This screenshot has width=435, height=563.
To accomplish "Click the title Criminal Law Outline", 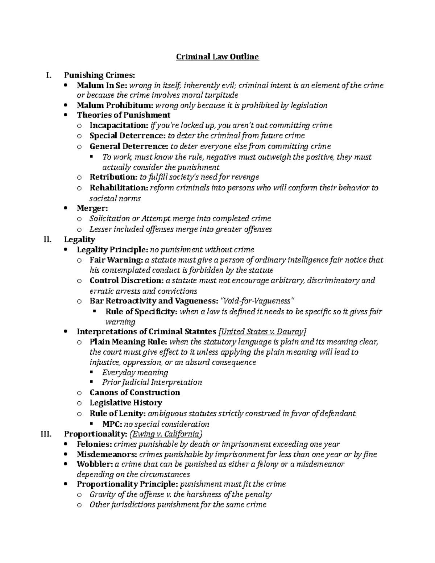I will (x=217, y=57).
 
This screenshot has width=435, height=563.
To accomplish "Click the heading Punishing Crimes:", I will (x=99, y=75).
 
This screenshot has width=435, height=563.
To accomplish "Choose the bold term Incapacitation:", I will (x=119, y=125).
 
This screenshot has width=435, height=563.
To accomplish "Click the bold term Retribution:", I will (x=113, y=177).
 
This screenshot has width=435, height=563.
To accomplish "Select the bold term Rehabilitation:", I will (x=119, y=188).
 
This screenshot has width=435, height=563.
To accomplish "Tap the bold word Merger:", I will (x=92, y=208).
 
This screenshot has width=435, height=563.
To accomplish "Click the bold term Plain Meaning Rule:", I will (x=128, y=342).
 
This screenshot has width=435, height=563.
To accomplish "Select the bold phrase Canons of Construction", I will (x=134, y=393).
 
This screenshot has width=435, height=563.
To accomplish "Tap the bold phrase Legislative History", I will (x=125, y=403).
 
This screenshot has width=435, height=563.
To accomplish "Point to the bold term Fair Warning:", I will (x=116, y=260).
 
